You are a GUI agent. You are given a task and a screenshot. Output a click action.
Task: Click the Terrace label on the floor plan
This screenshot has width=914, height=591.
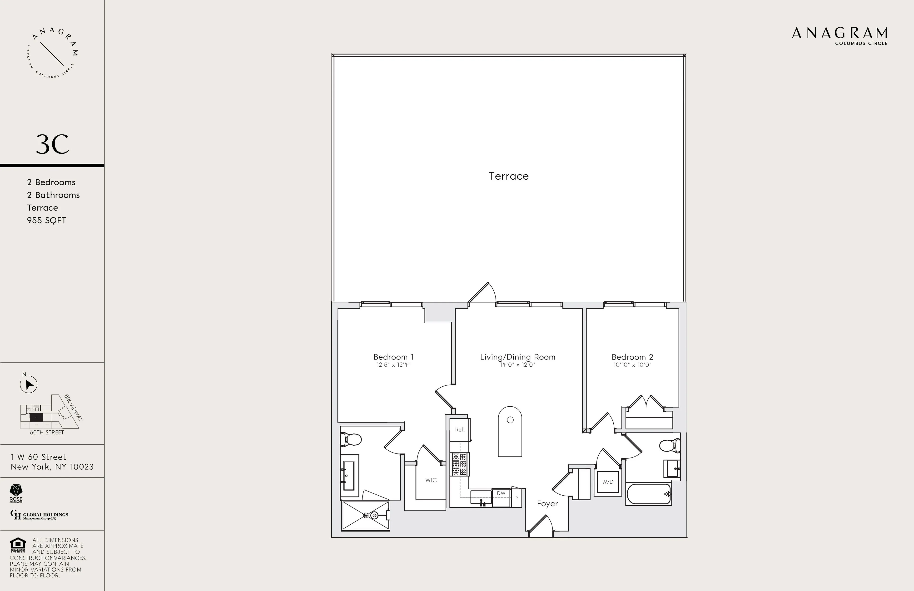(x=509, y=176)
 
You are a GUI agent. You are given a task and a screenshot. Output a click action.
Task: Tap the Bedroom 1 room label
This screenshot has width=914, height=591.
(x=393, y=357)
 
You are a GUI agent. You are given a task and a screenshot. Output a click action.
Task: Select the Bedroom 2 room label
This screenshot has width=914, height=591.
(x=632, y=357)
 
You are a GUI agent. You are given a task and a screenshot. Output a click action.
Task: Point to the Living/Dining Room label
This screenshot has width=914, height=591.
(x=517, y=357)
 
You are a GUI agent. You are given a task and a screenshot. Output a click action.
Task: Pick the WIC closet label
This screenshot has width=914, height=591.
(x=431, y=480)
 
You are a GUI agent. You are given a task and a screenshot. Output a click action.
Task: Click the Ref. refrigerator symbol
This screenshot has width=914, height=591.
(x=460, y=430)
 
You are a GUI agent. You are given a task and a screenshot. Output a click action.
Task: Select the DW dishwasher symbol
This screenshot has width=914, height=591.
(x=501, y=493)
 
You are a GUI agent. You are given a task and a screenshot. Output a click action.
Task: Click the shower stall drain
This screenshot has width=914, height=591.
(x=366, y=515)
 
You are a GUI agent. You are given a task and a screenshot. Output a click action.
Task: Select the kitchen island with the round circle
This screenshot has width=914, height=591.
(x=510, y=432)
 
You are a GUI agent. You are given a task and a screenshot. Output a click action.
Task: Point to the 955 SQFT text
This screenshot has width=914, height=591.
(x=46, y=221)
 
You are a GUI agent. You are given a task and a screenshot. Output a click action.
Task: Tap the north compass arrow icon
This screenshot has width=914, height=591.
(x=29, y=384)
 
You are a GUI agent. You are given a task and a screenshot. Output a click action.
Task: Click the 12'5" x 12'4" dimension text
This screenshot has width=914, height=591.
(x=393, y=365)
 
